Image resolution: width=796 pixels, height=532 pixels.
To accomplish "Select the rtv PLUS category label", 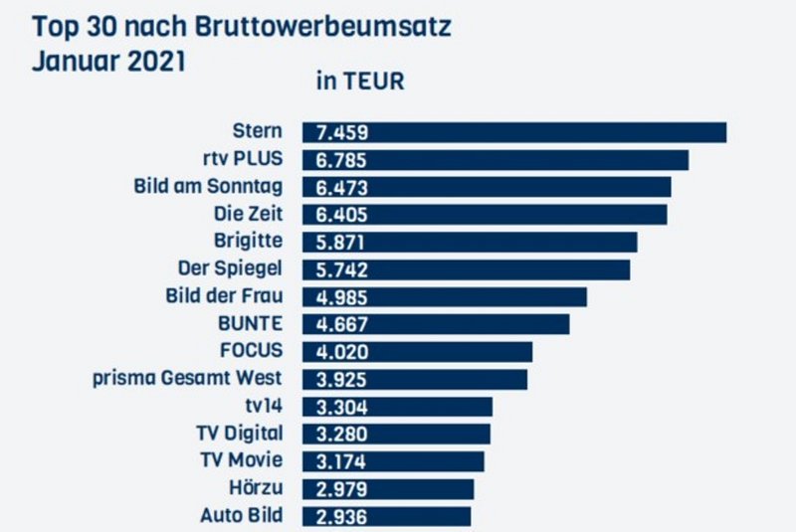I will tap(242, 159).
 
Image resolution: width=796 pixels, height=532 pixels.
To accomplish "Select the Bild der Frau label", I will tap(224, 296).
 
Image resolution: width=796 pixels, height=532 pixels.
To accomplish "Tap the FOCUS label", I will tap(251, 351).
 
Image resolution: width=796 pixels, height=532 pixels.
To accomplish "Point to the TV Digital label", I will tap(241, 433).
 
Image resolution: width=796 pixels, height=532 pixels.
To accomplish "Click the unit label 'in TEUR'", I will tap(360, 82).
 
